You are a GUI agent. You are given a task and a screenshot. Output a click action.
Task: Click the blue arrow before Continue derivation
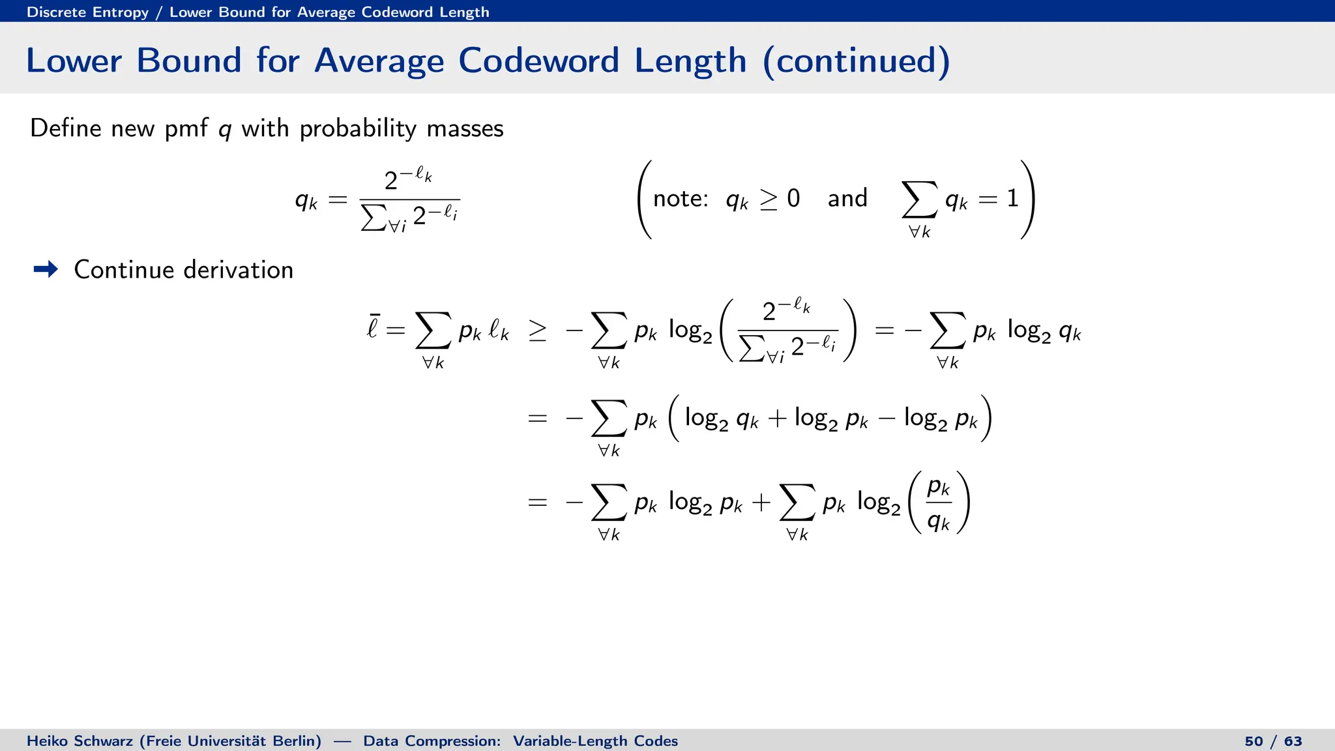tap(46, 269)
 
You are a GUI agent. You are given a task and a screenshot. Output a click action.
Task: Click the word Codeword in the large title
tap(538, 61)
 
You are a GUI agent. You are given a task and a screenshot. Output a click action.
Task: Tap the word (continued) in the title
tap(856, 61)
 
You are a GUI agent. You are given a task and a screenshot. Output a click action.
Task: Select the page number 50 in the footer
tap(1254, 741)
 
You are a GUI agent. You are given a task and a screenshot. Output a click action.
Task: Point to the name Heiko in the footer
tap(45, 741)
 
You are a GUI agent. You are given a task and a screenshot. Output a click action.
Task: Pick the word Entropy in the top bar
tap(121, 12)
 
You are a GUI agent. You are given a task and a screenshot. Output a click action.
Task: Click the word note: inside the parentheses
tap(680, 198)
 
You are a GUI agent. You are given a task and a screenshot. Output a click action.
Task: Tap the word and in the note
tap(847, 198)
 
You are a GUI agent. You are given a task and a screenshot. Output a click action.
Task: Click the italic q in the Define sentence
tap(225, 129)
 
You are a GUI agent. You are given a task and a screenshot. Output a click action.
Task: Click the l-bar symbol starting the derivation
tap(373, 326)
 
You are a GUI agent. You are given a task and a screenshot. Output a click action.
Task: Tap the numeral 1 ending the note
tap(1012, 198)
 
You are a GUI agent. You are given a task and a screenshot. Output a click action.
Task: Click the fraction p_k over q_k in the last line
tap(939, 503)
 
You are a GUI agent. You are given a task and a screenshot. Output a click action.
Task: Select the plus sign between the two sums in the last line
tap(761, 503)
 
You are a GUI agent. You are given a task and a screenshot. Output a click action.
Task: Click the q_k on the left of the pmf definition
tap(306, 200)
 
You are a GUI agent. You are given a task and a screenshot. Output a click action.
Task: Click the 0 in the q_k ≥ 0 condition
tap(793, 198)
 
